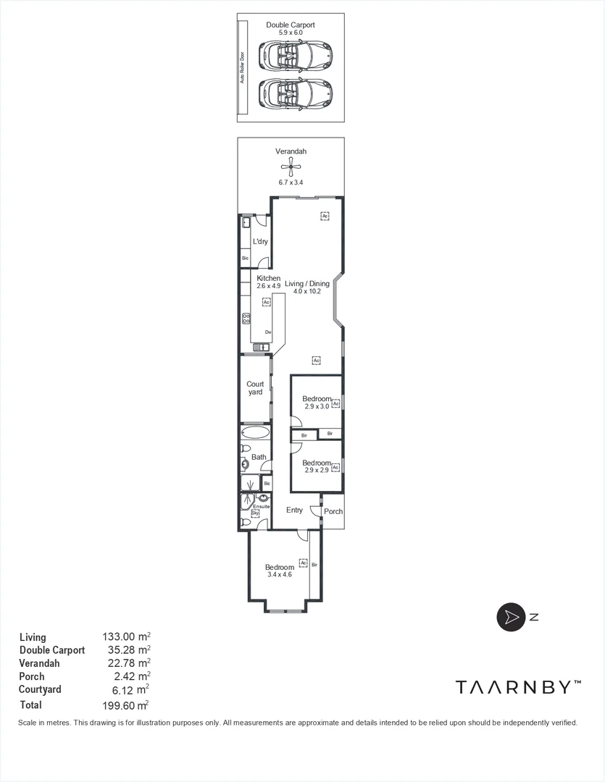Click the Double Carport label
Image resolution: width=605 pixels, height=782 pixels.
[x=290, y=25]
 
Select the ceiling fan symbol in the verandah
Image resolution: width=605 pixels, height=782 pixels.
[x=291, y=168]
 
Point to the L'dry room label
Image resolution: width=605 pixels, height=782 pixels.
[x=260, y=242]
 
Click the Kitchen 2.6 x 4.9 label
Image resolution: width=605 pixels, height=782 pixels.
[x=268, y=282]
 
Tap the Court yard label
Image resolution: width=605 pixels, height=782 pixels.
[x=255, y=388]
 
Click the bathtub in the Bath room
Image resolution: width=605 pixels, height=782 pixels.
[x=255, y=434]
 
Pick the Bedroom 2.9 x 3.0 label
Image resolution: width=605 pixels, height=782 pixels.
[x=316, y=403]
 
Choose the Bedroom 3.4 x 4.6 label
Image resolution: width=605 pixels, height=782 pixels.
[x=279, y=571]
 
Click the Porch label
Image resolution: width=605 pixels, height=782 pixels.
[x=333, y=511]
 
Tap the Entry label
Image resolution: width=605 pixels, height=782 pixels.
[x=294, y=510]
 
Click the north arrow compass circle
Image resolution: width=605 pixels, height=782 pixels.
[x=510, y=617]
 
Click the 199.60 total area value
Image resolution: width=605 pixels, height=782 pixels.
[x=125, y=705]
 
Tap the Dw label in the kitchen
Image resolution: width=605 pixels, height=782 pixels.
[x=267, y=332]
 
